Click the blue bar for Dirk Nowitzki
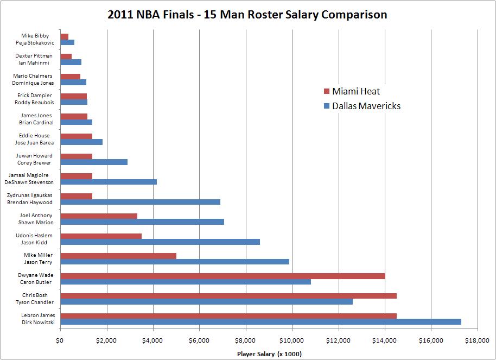[x=260, y=322]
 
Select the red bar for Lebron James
[x=228, y=315]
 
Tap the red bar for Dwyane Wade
[x=222, y=276]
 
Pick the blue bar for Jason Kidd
[x=160, y=242]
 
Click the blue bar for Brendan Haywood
[x=140, y=202]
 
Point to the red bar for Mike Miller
[x=118, y=256]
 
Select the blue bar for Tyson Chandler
[x=206, y=302]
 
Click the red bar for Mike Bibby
[x=64, y=36]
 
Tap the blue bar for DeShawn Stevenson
[x=109, y=182]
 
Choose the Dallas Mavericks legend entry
[x=361, y=106]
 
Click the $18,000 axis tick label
[x=477, y=340]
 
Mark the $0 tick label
[x=60, y=340]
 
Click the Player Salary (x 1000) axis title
[x=269, y=354]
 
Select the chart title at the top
[x=247, y=15]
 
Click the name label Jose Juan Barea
[x=34, y=142]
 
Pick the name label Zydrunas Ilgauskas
[x=30, y=195]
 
